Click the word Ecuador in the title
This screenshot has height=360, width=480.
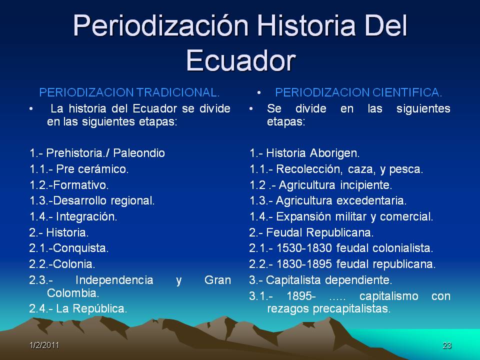(241, 60)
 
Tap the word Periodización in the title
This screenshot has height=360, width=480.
(160, 25)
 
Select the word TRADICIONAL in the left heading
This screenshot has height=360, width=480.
(178, 92)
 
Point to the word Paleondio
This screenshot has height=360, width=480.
(139, 153)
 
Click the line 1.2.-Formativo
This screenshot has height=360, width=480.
(69, 185)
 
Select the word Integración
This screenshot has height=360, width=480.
(86, 216)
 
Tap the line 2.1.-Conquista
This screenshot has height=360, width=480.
(69, 248)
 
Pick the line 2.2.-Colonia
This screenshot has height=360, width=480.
(62, 264)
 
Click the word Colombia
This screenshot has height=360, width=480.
(73, 293)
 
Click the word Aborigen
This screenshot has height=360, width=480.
(335, 153)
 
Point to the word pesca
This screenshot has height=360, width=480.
(406, 169)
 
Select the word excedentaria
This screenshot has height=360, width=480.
(371, 201)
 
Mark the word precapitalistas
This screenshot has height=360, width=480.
(351, 309)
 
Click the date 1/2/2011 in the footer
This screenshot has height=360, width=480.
(44, 345)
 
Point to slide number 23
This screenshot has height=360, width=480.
(447, 345)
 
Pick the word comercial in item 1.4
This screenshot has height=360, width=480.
(406, 216)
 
